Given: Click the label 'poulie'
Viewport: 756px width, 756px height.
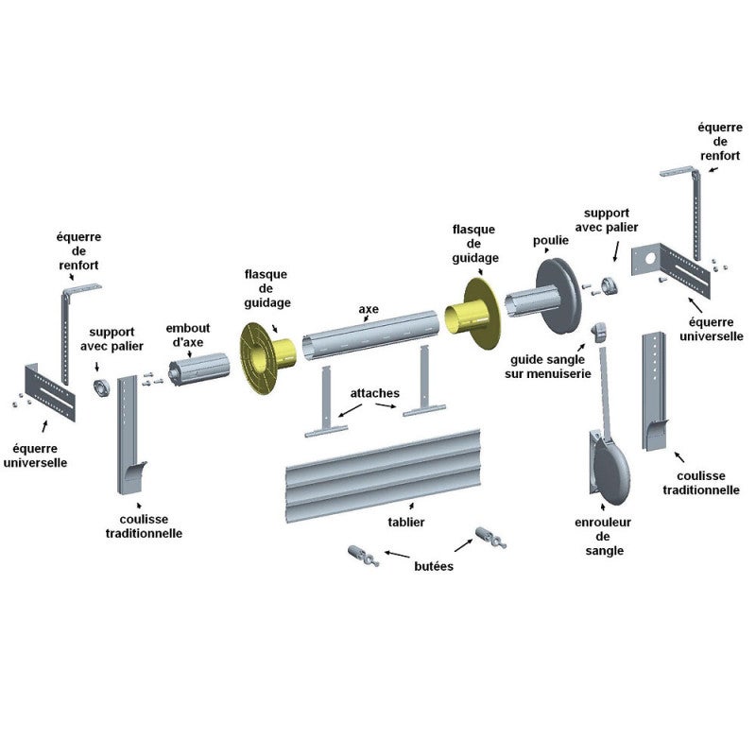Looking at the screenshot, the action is [551, 240].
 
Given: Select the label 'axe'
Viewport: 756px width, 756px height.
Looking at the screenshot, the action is [369, 309].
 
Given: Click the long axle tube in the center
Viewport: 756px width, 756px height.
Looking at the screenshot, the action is [370, 335].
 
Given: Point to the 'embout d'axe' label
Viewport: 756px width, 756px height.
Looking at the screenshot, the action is [188, 335].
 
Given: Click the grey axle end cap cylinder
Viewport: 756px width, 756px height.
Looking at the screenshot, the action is [198, 369].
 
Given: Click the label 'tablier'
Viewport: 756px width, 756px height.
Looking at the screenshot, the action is [406, 523].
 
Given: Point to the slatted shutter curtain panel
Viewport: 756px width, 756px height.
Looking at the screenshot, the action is [384, 475].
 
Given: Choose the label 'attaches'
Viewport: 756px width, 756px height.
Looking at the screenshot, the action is [374, 393].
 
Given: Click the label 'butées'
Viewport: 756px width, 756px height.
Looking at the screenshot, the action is [434, 566].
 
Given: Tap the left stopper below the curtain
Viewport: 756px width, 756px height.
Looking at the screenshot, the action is [363, 556].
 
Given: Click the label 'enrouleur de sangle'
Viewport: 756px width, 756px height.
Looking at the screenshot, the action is [603, 537].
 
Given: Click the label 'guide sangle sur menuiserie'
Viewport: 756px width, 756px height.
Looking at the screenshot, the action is [548, 367].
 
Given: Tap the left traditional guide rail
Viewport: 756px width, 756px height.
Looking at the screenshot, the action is [129, 434].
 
